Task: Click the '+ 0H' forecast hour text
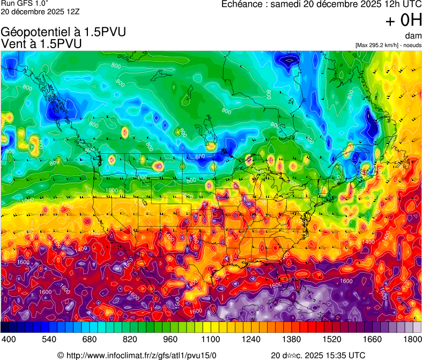pos(404,20)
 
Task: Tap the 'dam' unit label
pos(414,36)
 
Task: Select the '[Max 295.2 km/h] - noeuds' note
pos(388,45)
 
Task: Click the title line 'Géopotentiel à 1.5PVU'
pos(64,32)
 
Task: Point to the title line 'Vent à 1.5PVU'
pos(42,44)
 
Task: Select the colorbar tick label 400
pos(8,340)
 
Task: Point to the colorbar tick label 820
pos(130,340)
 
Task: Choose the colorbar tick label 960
pos(171,340)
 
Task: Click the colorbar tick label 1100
pos(211,340)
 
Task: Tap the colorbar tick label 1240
pos(252,340)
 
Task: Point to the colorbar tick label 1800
pos(413,340)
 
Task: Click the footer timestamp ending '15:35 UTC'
pos(319,355)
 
